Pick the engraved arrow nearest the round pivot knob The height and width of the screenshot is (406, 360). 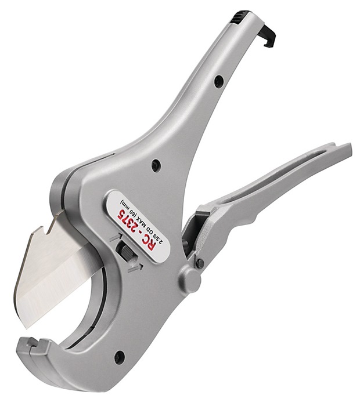click(134, 266)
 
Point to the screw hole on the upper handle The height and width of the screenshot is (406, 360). click(218, 82)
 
